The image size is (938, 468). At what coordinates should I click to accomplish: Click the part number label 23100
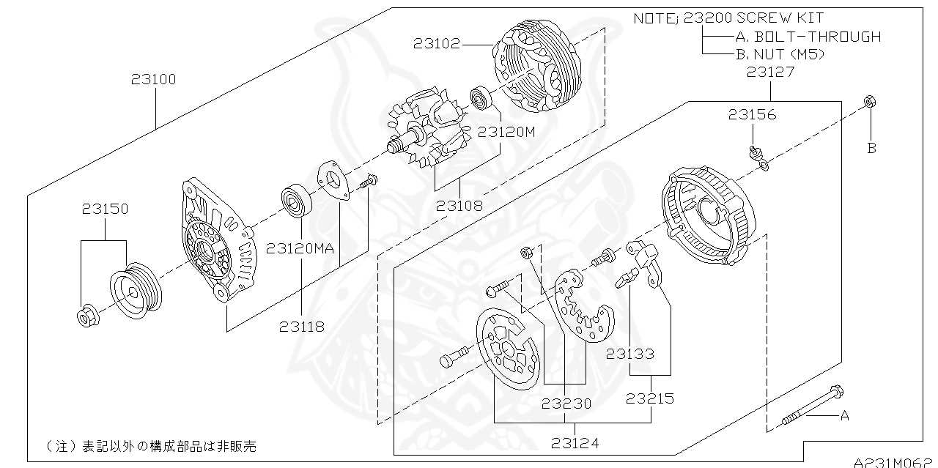[154, 79]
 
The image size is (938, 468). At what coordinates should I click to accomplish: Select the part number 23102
[436, 44]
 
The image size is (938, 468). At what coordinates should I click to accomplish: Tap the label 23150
[105, 209]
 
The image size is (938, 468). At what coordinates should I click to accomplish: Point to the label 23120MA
[300, 248]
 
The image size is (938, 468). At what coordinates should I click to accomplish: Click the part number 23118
[301, 327]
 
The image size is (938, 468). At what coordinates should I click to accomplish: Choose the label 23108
[459, 206]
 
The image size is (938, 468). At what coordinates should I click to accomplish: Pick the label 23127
[769, 72]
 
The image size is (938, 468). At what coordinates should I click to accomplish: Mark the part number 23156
[752, 114]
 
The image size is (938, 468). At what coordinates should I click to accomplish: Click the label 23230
[566, 403]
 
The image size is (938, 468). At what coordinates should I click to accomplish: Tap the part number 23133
[629, 354]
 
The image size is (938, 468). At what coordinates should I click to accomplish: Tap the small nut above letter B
[869, 103]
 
